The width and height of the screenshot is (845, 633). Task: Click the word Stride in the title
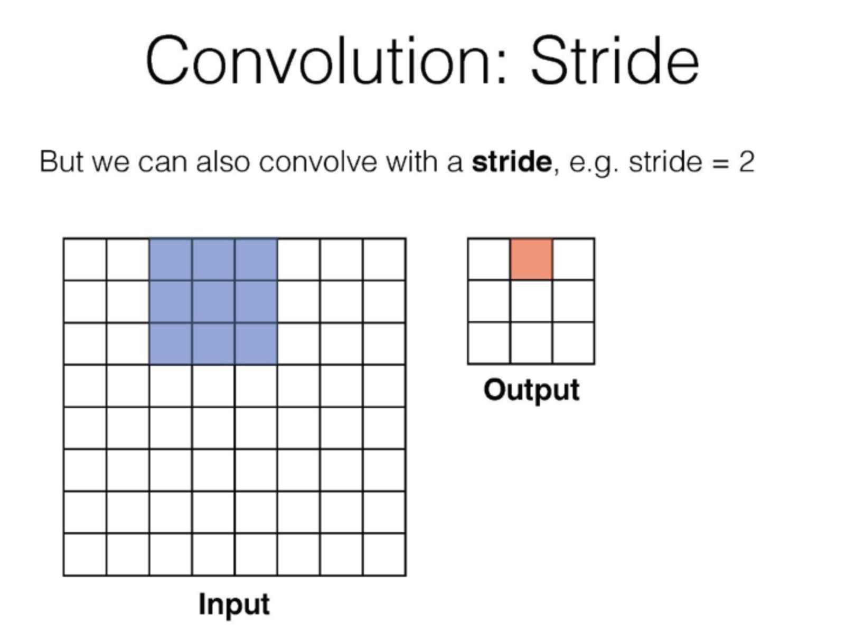[615, 60]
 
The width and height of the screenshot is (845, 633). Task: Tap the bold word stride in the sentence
[512, 162]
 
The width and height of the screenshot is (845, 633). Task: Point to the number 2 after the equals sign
[746, 162]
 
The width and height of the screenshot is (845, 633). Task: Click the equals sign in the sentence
[721, 163]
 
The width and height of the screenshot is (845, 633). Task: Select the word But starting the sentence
[62, 162]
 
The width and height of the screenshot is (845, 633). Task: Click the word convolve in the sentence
[318, 162]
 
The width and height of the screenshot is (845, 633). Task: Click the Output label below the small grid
[531, 390]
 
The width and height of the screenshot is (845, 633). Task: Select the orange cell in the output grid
[531, 259]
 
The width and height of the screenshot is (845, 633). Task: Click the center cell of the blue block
[213, 302]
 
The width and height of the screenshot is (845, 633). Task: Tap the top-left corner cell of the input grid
[85, 260]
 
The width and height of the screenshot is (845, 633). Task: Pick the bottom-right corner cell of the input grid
[384, 554]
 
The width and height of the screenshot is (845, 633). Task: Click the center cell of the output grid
[531, 301]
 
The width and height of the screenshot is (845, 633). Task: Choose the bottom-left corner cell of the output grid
[489, 343]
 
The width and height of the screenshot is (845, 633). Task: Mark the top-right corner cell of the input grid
[384, 260]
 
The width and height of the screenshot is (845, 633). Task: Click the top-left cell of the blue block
[171, 260]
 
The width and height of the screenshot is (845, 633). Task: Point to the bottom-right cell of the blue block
[256, 343]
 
